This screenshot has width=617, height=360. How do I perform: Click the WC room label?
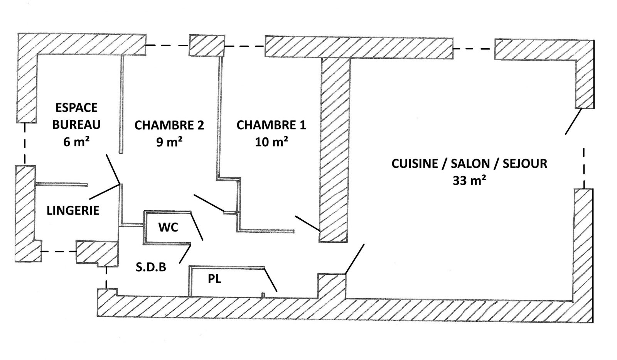[x=168, y=227]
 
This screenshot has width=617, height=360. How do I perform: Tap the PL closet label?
[x=214, y=279]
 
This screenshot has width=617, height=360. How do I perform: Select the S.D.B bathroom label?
[x=151, y=267]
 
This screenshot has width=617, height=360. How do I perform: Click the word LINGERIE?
[x=73, y=211]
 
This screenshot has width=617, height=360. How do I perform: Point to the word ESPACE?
[x=76, y=108]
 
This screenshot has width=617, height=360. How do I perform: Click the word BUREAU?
[x=76, y=125]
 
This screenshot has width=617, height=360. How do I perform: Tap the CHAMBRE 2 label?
[x=169, y=125]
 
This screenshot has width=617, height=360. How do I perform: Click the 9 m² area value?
[x=169, y=142]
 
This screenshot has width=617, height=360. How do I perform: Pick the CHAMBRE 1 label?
[x=271, y=125]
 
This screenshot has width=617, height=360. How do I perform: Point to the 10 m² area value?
[x=271, y=142]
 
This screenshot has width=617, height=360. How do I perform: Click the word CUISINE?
[x=415, y=164]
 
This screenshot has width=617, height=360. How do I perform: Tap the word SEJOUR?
[x=525, y=164]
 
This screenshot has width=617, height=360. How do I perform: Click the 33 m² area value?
[x=469, y=181]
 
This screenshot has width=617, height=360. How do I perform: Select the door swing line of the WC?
[x=197, y=226]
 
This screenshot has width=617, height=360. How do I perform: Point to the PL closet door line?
[x=270, y=279]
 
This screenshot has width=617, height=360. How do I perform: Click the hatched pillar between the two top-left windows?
[x=207, y=46]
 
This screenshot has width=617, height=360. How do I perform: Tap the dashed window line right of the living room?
[x=584, y=168]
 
